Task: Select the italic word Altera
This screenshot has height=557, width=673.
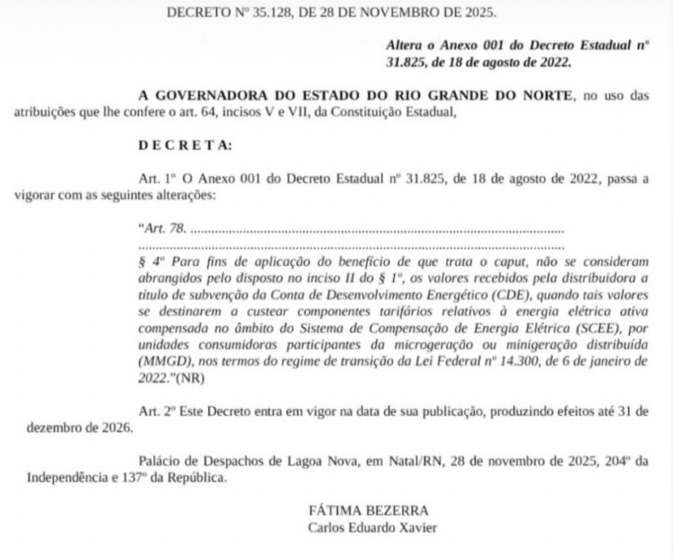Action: coord(407,44)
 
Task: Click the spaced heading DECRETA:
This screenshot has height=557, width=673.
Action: coord(185,144)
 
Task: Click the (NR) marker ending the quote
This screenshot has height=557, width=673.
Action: coord(190,379)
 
